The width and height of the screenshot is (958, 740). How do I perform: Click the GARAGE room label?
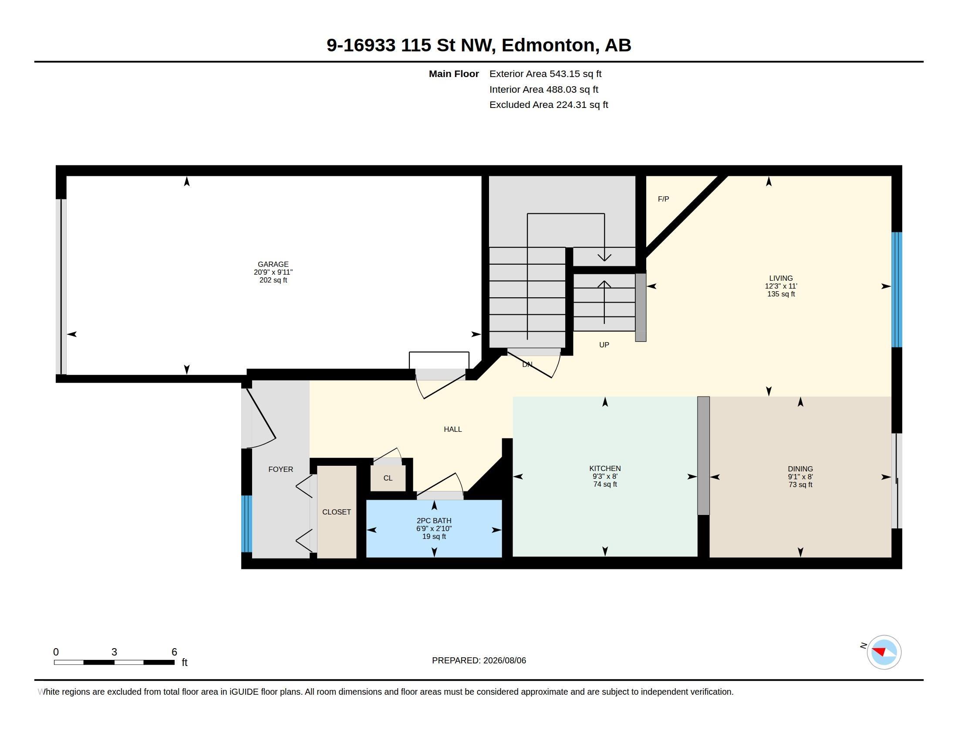click(273, 264)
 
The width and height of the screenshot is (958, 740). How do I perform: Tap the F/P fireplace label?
click(663, 199)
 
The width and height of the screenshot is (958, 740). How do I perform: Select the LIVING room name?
click(781, 279)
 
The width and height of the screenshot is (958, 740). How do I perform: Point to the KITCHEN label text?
click(605, 469)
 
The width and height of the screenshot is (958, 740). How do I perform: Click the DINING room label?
click(800, 469)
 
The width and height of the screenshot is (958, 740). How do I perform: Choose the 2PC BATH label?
click(434, 521)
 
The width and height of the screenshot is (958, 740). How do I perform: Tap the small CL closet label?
click(388, 478)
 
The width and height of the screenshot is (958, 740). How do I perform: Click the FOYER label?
click(281, 470)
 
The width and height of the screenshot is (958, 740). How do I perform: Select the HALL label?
click(453, 430)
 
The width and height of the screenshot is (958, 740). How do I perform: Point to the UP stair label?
click(604, 345)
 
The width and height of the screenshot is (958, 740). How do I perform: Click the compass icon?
click(884, 653)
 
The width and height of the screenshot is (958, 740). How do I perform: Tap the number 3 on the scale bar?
click(114, 652)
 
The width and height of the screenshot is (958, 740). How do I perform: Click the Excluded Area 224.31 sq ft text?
click(549, 105)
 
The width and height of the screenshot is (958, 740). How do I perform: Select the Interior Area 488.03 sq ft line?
click(544, 89)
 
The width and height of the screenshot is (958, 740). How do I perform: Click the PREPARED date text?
click(479, 661)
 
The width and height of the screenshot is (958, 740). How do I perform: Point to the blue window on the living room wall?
click(897, 290)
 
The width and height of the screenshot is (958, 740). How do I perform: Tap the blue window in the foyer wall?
click(246, 524)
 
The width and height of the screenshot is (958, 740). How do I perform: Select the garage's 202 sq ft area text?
click(273, 280)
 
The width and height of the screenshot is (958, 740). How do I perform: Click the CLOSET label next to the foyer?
click(337, 512)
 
